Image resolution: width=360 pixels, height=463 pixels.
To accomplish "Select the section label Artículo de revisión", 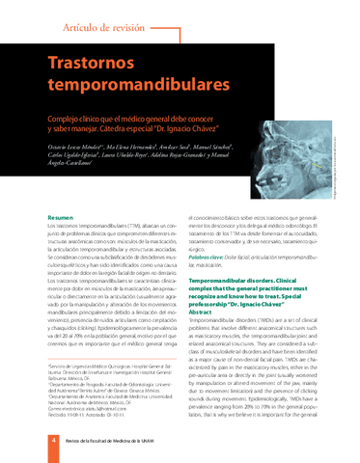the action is tap(103, 29).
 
